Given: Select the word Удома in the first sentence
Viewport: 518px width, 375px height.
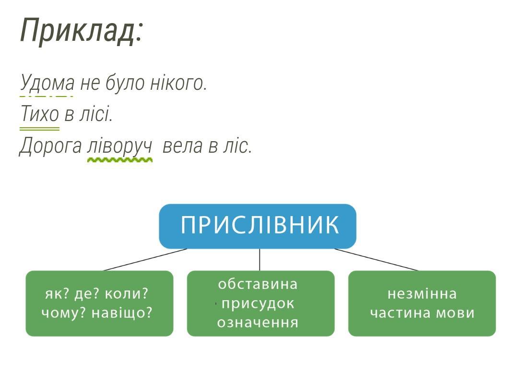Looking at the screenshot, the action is click(x=47, y=83).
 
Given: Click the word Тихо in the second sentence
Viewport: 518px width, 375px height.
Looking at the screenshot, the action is click(x=40, y=113).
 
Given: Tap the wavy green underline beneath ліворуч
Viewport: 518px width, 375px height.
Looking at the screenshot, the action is click(x=119, y=160).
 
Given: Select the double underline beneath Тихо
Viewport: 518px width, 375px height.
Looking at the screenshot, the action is click(x=40, y=129).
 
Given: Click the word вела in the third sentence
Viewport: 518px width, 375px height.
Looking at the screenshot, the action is click(x=182, y=146).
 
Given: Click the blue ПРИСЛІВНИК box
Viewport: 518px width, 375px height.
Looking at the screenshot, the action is click(x=258, y=226).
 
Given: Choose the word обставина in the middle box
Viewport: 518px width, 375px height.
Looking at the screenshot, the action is click(x=258, y=284).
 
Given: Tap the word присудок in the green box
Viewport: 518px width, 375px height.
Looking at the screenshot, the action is click(x=258, y=304).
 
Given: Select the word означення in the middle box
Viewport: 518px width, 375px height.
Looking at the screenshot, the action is click(x=258, y=322).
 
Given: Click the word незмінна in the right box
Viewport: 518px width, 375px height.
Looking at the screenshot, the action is click(x=422, y=294).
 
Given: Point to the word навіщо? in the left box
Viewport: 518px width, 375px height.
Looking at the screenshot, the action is click(x=122, y=313).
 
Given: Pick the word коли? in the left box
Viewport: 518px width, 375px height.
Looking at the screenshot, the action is click(x=126, y=294).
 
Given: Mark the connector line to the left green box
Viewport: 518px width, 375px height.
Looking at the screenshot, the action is click(x=145, y=260).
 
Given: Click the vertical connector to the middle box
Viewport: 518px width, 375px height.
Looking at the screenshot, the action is click(x=259, y=260).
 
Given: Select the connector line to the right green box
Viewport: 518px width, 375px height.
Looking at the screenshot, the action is click(x=377, y=260).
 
